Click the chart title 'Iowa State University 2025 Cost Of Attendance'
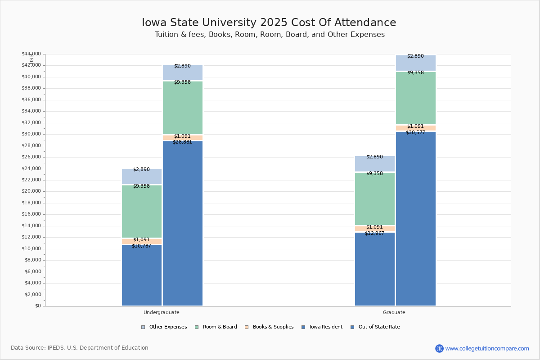269,22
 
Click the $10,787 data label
141,246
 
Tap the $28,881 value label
182,142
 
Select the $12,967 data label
374,233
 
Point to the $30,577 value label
415,132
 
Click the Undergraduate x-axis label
161,312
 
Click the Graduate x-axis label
394,312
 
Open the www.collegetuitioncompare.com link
487,348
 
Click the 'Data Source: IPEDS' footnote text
80,348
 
